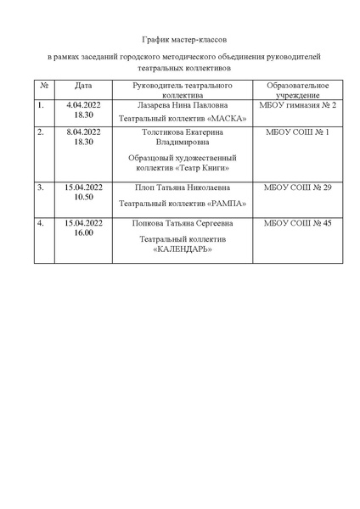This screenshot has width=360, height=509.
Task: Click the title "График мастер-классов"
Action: [x=183, y=40]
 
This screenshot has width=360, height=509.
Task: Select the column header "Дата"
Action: [x=83, y=87]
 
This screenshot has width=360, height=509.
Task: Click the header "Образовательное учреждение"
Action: [x=297, y=91]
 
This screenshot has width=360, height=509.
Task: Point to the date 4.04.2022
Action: [x=83, y=105]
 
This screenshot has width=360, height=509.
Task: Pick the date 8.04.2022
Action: [x=83, y=132]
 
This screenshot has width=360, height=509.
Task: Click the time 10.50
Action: [x=83, y=196]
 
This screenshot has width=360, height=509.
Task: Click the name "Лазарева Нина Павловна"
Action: [x=183, y=105]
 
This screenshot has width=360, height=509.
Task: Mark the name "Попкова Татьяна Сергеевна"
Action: [x=182, y=223]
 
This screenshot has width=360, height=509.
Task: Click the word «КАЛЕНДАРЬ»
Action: [x=183, y=249]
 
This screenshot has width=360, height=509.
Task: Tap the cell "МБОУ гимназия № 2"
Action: [x=297, y=105]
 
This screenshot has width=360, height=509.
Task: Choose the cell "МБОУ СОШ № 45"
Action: [x=297, y=223]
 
